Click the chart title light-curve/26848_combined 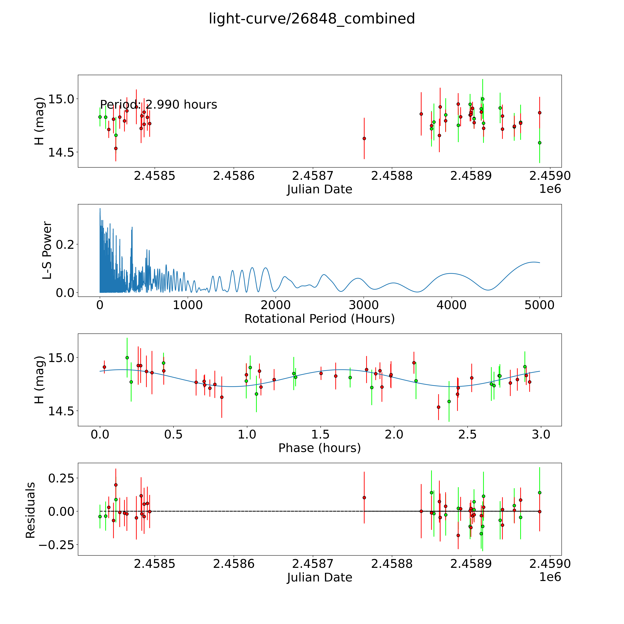tap(312, 19)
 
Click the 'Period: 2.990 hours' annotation tap(158, 105)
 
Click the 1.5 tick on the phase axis tap(320, 434)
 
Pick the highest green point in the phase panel tap(127, 358)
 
